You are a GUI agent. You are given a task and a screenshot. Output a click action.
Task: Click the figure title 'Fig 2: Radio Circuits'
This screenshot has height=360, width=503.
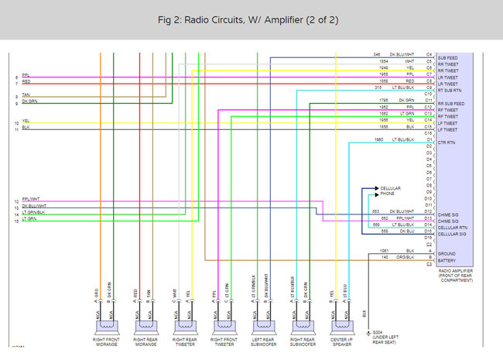pos(251,19)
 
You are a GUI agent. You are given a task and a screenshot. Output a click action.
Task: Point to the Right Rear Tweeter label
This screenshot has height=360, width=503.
pos(186,341)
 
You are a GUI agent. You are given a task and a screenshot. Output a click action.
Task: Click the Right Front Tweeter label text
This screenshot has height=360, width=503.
pos(225,341)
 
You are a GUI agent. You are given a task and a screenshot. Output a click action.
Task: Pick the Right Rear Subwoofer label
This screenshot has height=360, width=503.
pos(303,341)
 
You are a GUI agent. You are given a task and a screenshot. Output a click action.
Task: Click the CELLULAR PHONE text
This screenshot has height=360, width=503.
pos(391,190)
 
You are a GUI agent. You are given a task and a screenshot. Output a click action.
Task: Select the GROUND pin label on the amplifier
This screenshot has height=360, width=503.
pos(447,252)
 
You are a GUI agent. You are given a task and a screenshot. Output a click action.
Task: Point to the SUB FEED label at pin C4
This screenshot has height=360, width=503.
pos(449,57)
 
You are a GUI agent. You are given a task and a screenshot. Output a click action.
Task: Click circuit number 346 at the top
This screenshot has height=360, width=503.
pos(376,54)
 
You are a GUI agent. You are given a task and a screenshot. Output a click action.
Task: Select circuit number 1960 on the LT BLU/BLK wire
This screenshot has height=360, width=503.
pos(379,139)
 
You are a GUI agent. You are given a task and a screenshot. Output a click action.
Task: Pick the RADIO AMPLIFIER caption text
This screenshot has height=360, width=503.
pos(456,271)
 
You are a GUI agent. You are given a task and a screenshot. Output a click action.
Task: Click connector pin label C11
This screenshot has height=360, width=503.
pos(428,100)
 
